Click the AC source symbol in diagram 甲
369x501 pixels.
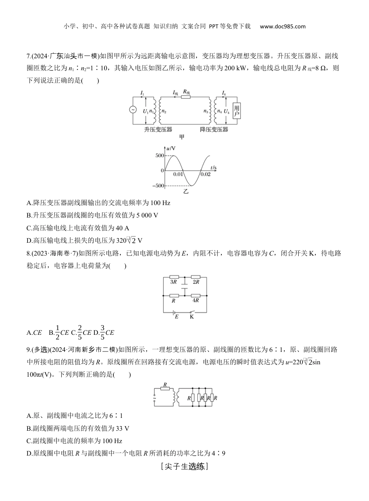coord(132,110)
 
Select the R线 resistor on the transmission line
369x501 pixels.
coord(186,97)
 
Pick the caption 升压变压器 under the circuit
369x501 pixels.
coord(158,129)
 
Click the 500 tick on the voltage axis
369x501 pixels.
coord(159,155)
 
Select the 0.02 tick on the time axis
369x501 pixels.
coord(205,174)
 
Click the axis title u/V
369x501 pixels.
coord(170,148)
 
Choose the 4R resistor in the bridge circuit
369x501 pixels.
coord(195,295)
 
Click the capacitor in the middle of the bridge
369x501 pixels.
coord(184,286)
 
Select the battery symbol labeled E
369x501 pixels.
coord(176,312)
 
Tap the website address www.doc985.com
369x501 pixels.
coord(282,26)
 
